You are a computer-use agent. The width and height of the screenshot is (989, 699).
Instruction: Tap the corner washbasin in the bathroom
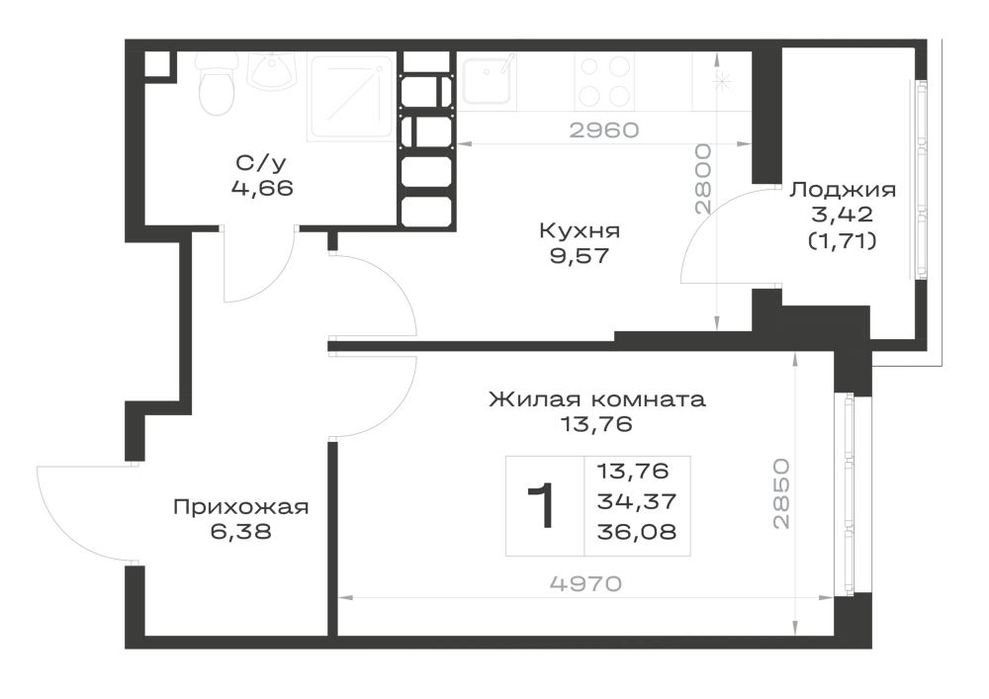(273, 70)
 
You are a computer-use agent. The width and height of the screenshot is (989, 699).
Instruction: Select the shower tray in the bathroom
(351, 96)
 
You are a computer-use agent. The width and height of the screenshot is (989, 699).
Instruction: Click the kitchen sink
(487, 79)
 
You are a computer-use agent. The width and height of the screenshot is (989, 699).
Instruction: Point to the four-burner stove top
(604, 81)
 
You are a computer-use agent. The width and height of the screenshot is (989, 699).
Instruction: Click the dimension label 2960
(604, 130)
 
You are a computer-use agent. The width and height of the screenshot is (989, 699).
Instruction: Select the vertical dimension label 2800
(702, 180)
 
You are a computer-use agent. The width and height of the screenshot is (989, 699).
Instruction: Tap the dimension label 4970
(585, 583)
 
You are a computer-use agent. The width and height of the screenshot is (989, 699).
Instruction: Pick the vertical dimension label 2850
(781, 493)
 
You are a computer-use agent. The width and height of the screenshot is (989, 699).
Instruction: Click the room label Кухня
(580, 230)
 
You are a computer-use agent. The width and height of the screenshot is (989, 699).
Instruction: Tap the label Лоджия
(843, 190)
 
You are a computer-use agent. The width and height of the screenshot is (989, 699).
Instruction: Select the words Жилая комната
(597, 399)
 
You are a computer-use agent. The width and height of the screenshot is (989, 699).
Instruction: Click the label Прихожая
(241, 507)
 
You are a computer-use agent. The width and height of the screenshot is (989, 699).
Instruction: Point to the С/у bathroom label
(261, 162)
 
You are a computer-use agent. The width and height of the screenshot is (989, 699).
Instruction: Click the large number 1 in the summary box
(542, 505)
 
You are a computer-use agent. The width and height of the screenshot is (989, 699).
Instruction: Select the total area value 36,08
(636, 531)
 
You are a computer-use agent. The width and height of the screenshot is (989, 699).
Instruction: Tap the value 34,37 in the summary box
(636, 501)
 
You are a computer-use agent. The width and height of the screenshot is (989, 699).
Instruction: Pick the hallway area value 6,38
(241, 531)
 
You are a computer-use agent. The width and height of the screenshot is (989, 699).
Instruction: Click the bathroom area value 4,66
(262, 188)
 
